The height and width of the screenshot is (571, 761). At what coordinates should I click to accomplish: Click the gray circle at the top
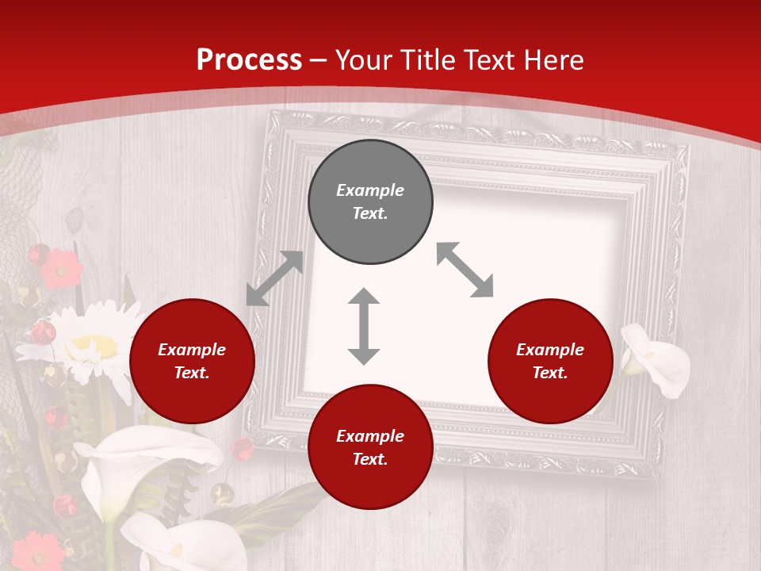coord(370,201)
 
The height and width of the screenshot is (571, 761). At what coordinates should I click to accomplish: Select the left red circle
coord(192,361)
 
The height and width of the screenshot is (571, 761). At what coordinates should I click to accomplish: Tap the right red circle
coord(550,361)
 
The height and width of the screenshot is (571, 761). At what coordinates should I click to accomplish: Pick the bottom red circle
coord(370,447)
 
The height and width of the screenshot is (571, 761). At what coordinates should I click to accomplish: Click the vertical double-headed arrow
coord(364,326)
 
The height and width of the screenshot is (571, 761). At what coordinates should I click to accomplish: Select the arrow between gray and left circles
coord(274,278)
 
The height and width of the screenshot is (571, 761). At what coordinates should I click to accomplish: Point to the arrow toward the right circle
coord(465,270)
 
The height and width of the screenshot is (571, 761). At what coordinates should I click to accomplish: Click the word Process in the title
coord(249,59)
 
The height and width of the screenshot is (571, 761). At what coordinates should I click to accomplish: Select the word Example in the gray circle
coord(370,190)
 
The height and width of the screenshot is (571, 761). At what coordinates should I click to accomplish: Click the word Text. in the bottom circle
coord(370,459)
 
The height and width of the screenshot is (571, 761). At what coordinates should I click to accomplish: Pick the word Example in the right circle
coord(550,350)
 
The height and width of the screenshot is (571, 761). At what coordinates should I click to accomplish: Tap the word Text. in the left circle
coord(192,373)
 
